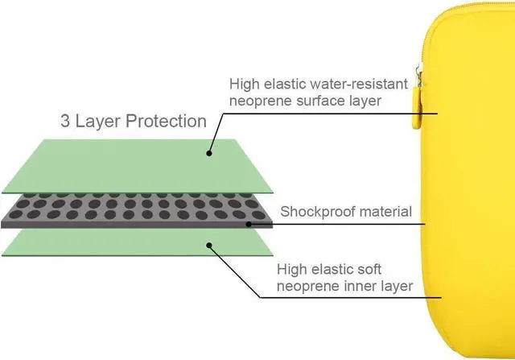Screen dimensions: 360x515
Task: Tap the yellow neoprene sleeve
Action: click(x=475, y=185)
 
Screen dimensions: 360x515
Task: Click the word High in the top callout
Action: click(x=245, y=84)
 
